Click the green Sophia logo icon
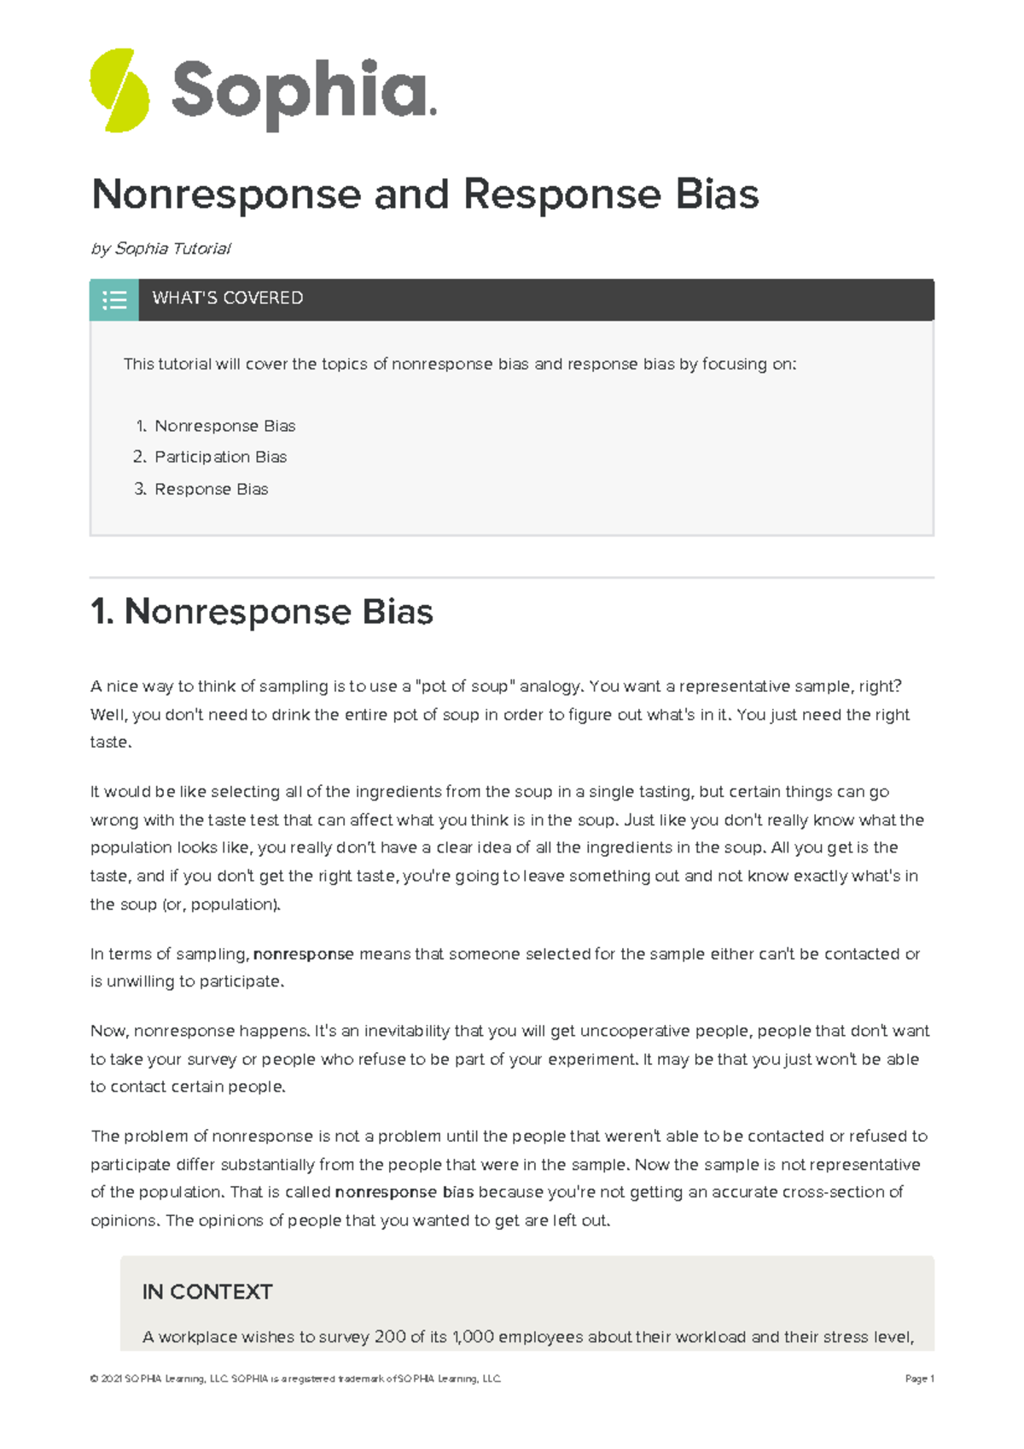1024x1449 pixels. point(120,90)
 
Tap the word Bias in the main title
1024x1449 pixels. point(717,195)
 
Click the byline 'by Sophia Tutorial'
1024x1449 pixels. point(160,248)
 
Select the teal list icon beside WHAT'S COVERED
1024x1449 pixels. point(114,300)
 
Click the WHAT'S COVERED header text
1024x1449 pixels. point(227,298)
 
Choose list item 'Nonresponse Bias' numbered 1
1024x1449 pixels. point(224,426)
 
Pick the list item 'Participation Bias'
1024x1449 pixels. point(220,457)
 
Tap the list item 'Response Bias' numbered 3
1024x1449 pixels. point(211,489)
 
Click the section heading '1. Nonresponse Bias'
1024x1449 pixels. point(262,612)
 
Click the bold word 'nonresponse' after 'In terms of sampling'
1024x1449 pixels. point(303,954)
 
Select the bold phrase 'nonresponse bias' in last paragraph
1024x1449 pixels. point(404,1192)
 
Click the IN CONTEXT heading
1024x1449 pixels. point(207,1292)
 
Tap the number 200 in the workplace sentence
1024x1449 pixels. point(389,1337)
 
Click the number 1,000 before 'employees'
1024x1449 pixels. point(473,1337)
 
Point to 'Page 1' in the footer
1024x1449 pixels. point(919,1378)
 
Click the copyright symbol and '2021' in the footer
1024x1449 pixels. point(106,1378)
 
